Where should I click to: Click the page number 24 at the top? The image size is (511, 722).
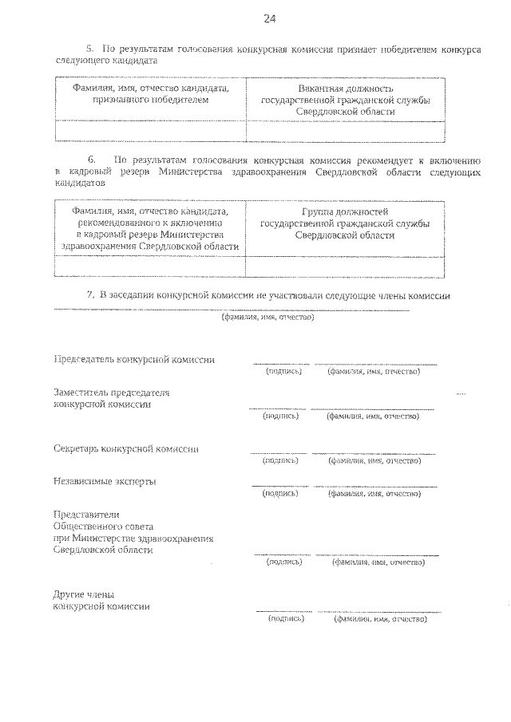268,18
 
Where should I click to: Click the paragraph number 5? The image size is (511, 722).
89,49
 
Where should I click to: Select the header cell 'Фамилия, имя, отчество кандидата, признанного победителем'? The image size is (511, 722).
150,94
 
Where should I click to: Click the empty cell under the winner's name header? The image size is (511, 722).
150,130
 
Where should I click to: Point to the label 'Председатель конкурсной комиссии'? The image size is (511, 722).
133,360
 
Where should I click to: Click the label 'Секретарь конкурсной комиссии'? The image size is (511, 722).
126,448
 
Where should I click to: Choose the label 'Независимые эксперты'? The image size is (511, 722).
105,481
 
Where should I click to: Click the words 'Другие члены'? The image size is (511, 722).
83,594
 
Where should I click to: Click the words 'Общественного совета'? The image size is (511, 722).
103,527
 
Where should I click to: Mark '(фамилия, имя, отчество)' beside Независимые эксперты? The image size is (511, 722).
374,494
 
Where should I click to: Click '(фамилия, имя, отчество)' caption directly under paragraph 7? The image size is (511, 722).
267,317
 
